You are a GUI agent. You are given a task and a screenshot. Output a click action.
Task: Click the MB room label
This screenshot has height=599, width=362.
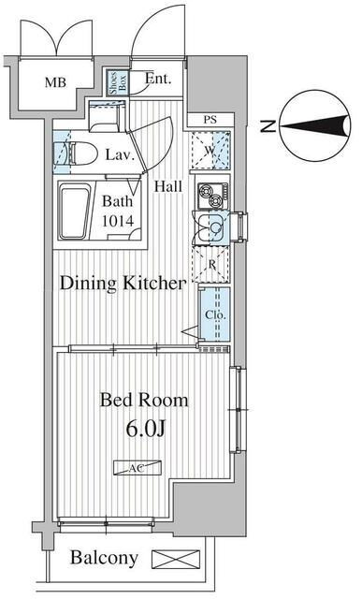click(55, 82)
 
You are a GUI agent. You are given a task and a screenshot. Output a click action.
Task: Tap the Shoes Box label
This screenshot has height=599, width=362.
click(118, 82)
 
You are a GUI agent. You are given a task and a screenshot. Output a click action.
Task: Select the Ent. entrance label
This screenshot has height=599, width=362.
click(158, 79)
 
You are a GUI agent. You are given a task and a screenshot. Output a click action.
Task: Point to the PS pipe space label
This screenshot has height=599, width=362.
click(210, 120)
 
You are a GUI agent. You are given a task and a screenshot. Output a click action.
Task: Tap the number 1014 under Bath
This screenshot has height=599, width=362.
click(118, 221)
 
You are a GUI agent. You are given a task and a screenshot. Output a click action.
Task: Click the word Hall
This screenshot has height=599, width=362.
click(168, 186)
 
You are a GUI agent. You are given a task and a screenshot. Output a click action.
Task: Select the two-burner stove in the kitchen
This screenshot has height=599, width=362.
click(212, 195)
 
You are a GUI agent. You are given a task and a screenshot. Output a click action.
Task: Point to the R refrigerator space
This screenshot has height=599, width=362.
click(212, 264)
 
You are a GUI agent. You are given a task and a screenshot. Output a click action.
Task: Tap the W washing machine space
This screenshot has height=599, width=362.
click(210, 150)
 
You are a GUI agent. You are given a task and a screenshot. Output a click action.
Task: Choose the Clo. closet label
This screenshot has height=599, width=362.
click(216, 315)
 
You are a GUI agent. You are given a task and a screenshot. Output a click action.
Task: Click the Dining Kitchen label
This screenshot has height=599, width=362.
click(123, 284)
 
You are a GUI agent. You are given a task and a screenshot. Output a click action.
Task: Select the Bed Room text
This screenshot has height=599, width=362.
click(144, 400)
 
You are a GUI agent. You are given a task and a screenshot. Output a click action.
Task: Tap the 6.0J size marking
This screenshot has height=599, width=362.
click(146, 429)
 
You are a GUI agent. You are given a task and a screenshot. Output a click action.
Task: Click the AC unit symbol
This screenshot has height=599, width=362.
click(138, 468)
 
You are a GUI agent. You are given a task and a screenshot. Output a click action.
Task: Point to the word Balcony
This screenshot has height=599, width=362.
click(104, 559)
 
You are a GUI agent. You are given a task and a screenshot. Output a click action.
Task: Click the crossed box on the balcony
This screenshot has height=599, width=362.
click(176, 560)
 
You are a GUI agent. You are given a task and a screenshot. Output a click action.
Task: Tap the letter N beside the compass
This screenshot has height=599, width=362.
click(268, 126)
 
